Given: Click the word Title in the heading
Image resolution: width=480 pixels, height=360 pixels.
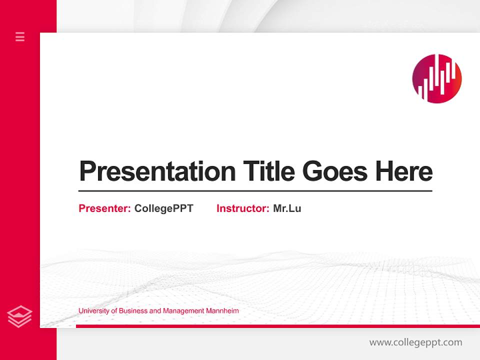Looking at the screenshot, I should pyautogui.click(x=268, y=171).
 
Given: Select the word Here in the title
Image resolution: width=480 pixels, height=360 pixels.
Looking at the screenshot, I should pyautogui.click(x=404, y=171).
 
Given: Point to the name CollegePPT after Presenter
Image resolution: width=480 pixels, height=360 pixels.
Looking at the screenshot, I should pyautogui.click(x=163, y=208).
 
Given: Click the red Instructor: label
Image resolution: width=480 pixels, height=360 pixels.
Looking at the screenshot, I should pyautogui.click(x=243, y=208).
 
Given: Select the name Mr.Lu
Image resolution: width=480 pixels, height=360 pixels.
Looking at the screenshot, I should pyautogui.click(x=287, y=208).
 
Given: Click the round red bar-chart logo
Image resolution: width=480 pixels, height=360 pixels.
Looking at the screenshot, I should pyautogui.click(x=437, y=78).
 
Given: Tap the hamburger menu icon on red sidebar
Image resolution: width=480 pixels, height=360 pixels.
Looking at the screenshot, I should pyautogui.click(x=20, y=36).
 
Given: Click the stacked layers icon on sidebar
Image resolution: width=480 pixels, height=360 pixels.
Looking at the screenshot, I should pyautogui.click(x=20, y=316).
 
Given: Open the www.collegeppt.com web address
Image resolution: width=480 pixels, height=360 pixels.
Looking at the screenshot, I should pyautogui.click(x=415, y=342).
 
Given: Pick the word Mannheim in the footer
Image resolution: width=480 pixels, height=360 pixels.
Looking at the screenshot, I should pyautogui.click(x=222, y=311).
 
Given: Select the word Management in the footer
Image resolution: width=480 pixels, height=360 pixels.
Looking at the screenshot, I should pyautogui.click(x=183, y=311).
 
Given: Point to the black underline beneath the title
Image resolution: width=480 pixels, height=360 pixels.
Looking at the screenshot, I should pyautogui.click(x=255, y=190).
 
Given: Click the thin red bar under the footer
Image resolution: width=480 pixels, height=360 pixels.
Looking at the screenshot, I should pyautogui.click(x=277, y=326).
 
